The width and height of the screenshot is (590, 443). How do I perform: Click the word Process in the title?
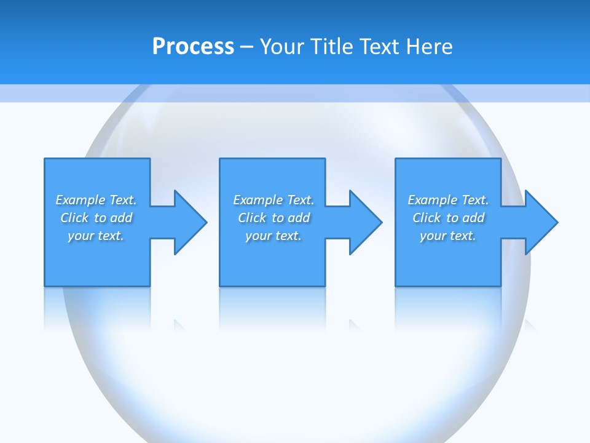click(x=193, y=47)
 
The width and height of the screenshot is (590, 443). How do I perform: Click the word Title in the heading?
click(x=332, y=47)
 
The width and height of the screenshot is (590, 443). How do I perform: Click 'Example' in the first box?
click(x=81, y=200)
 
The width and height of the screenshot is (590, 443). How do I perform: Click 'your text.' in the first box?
click(x=96, y=236)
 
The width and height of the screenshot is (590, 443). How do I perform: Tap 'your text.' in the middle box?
click(x=273, y=236)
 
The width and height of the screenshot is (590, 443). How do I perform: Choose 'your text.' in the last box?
click(x=448, y=236)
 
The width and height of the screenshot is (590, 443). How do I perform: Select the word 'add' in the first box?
click(x=122, y=218)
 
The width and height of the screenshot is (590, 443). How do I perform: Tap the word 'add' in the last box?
click(x=474, y=218)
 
